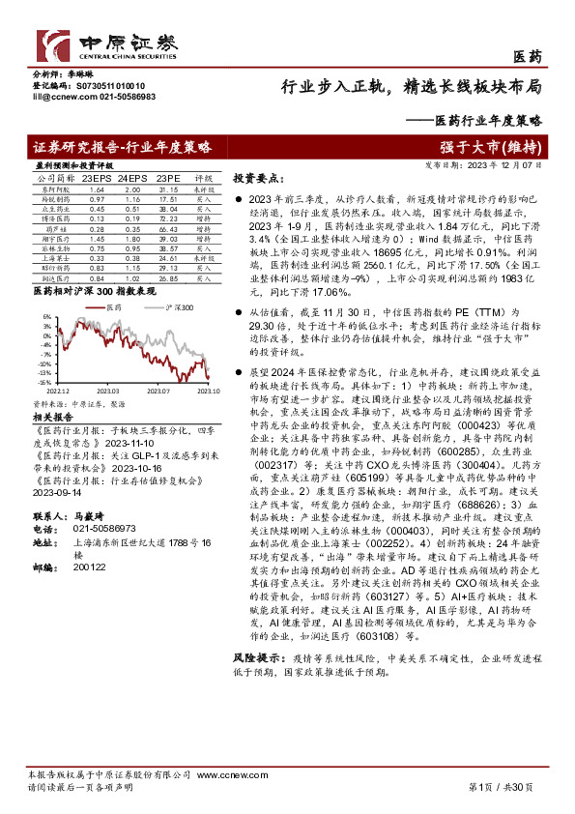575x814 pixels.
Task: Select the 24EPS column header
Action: click(130, 179)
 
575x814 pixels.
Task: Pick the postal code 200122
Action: click(89, 567)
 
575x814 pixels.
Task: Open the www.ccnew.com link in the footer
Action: click(221, 776)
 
